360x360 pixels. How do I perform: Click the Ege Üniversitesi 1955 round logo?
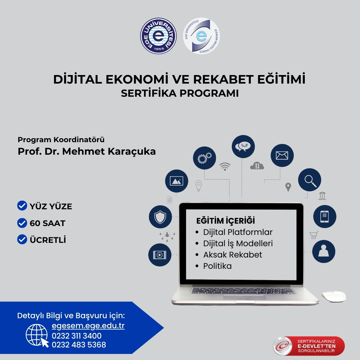(158, 36)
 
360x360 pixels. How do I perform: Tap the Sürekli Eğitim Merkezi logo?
(201, 36)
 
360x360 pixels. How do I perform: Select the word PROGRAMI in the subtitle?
(209, 93)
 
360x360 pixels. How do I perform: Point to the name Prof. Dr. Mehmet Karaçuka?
(87, 151)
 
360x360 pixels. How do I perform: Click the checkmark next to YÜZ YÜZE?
(22, 206)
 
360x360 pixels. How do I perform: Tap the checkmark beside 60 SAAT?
(22, 223)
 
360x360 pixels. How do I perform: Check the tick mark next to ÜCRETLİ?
(22, 239)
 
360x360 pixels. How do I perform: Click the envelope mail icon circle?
(282, 155)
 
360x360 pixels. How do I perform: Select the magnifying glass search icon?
(309, 180)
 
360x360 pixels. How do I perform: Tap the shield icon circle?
(160, 217)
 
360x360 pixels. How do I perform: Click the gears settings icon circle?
(204, 158)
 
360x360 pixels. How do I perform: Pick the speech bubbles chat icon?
(243, 146)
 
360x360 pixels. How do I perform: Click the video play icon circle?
(160, 255)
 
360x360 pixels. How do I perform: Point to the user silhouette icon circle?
(323, 251)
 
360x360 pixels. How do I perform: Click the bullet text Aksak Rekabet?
(232, 255)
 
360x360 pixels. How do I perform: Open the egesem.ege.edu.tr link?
(88, 326)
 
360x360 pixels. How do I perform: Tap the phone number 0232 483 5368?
(79, 345)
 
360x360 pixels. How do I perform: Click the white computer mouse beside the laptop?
(333, 297)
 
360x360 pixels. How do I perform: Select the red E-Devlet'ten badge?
(309, 346)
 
